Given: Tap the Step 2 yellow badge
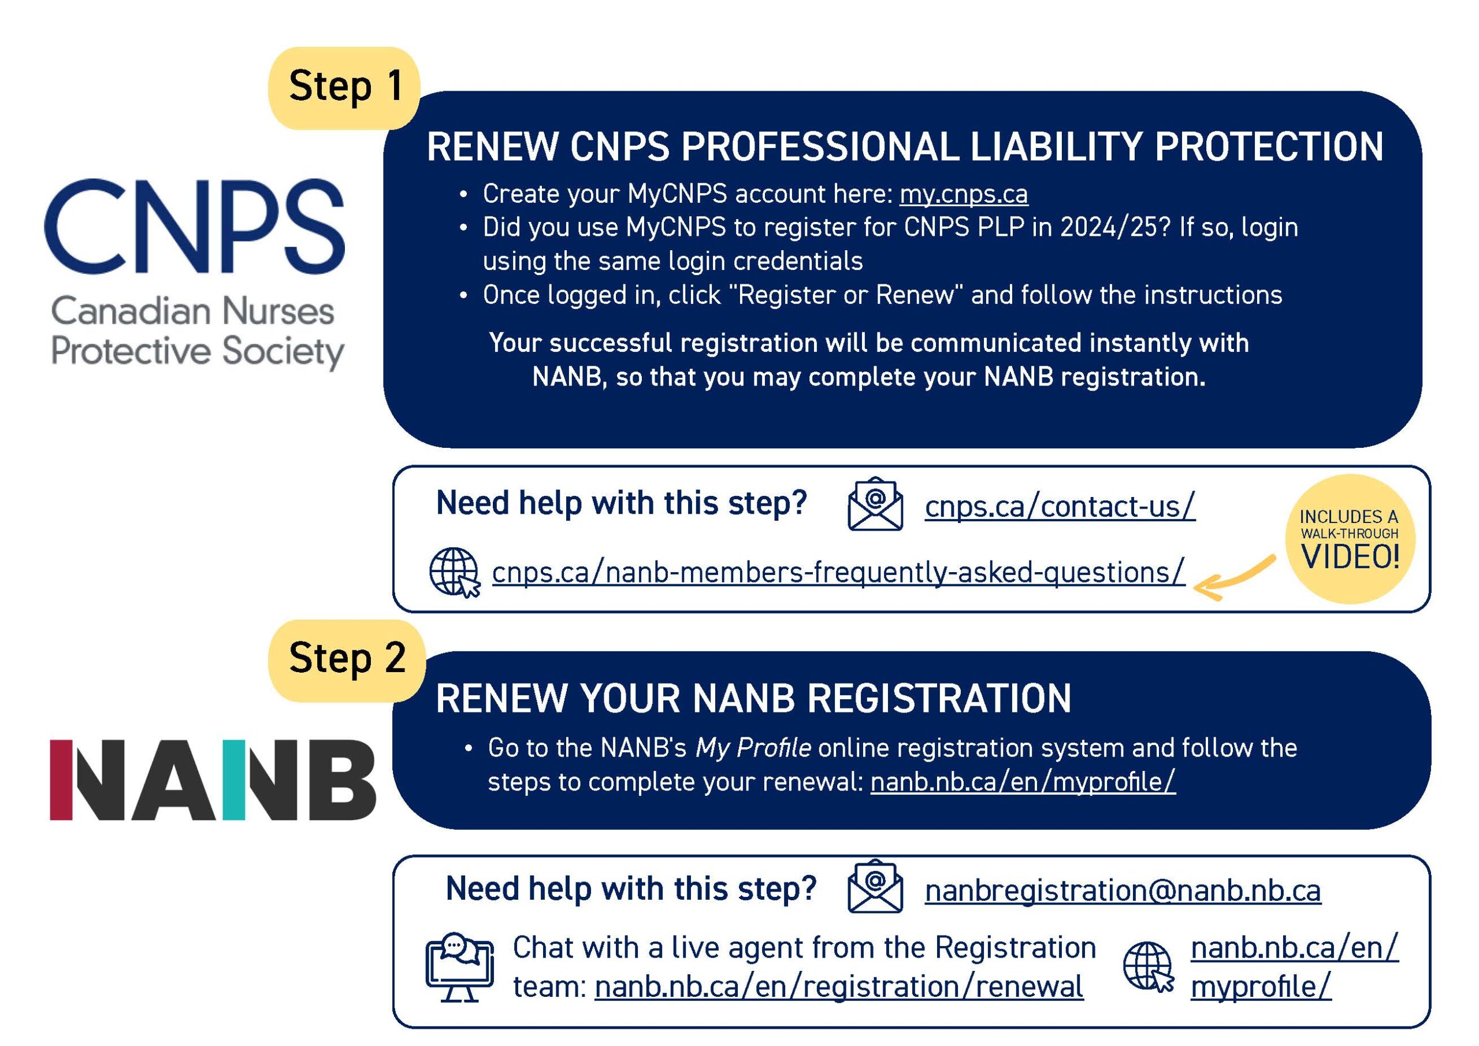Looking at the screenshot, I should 347,660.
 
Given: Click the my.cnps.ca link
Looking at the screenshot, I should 963,195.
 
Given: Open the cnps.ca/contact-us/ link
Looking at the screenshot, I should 1060,507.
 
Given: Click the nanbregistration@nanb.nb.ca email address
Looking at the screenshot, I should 1123,891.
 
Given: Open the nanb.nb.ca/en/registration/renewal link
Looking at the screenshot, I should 839,986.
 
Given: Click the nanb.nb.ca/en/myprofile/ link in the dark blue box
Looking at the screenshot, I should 1023,782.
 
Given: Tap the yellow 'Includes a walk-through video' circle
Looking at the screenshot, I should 1350,539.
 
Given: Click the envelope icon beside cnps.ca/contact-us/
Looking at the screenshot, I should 875,505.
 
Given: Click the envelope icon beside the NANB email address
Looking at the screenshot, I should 875,888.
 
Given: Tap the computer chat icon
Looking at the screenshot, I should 459,967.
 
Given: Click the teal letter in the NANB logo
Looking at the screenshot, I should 235,779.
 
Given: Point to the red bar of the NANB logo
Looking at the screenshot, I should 61,779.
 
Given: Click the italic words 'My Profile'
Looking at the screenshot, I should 753,748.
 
